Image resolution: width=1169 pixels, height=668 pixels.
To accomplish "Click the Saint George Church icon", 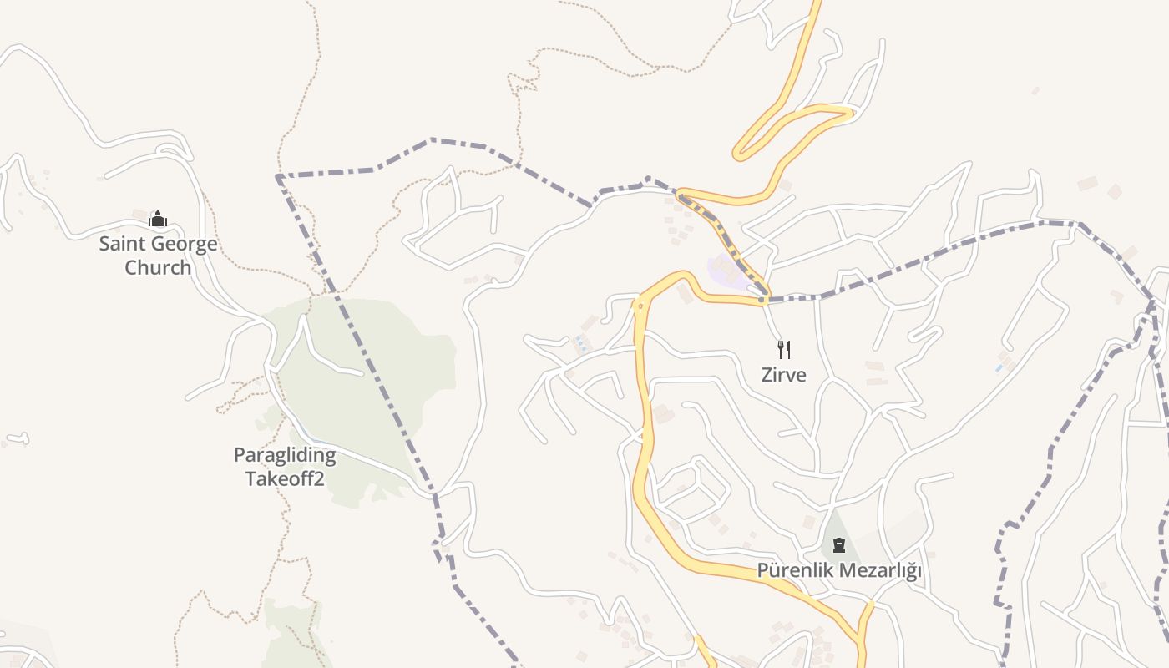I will pos(158,220).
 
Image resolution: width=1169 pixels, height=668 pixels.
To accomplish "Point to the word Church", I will pos(158,267).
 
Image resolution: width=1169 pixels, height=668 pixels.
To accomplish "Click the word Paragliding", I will pos(284,455).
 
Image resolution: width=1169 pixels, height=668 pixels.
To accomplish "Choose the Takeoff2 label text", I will pos(284,478).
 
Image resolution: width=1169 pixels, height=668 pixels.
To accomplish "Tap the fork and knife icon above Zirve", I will pos(783,349).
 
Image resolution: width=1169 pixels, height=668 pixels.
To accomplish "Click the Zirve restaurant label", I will pos(783,375).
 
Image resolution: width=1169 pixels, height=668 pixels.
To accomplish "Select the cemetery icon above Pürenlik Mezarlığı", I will pos(838,546).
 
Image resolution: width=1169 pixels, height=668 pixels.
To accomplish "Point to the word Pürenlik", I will pos(794,571).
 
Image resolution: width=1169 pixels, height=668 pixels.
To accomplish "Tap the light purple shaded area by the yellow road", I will pos(723,269).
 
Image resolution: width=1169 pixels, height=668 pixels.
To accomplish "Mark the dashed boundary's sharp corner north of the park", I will pos(277,176).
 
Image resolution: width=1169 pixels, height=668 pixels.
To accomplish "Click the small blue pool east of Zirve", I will pos(999,367).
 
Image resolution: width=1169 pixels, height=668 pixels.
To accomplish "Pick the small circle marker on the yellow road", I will pos(640,306).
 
